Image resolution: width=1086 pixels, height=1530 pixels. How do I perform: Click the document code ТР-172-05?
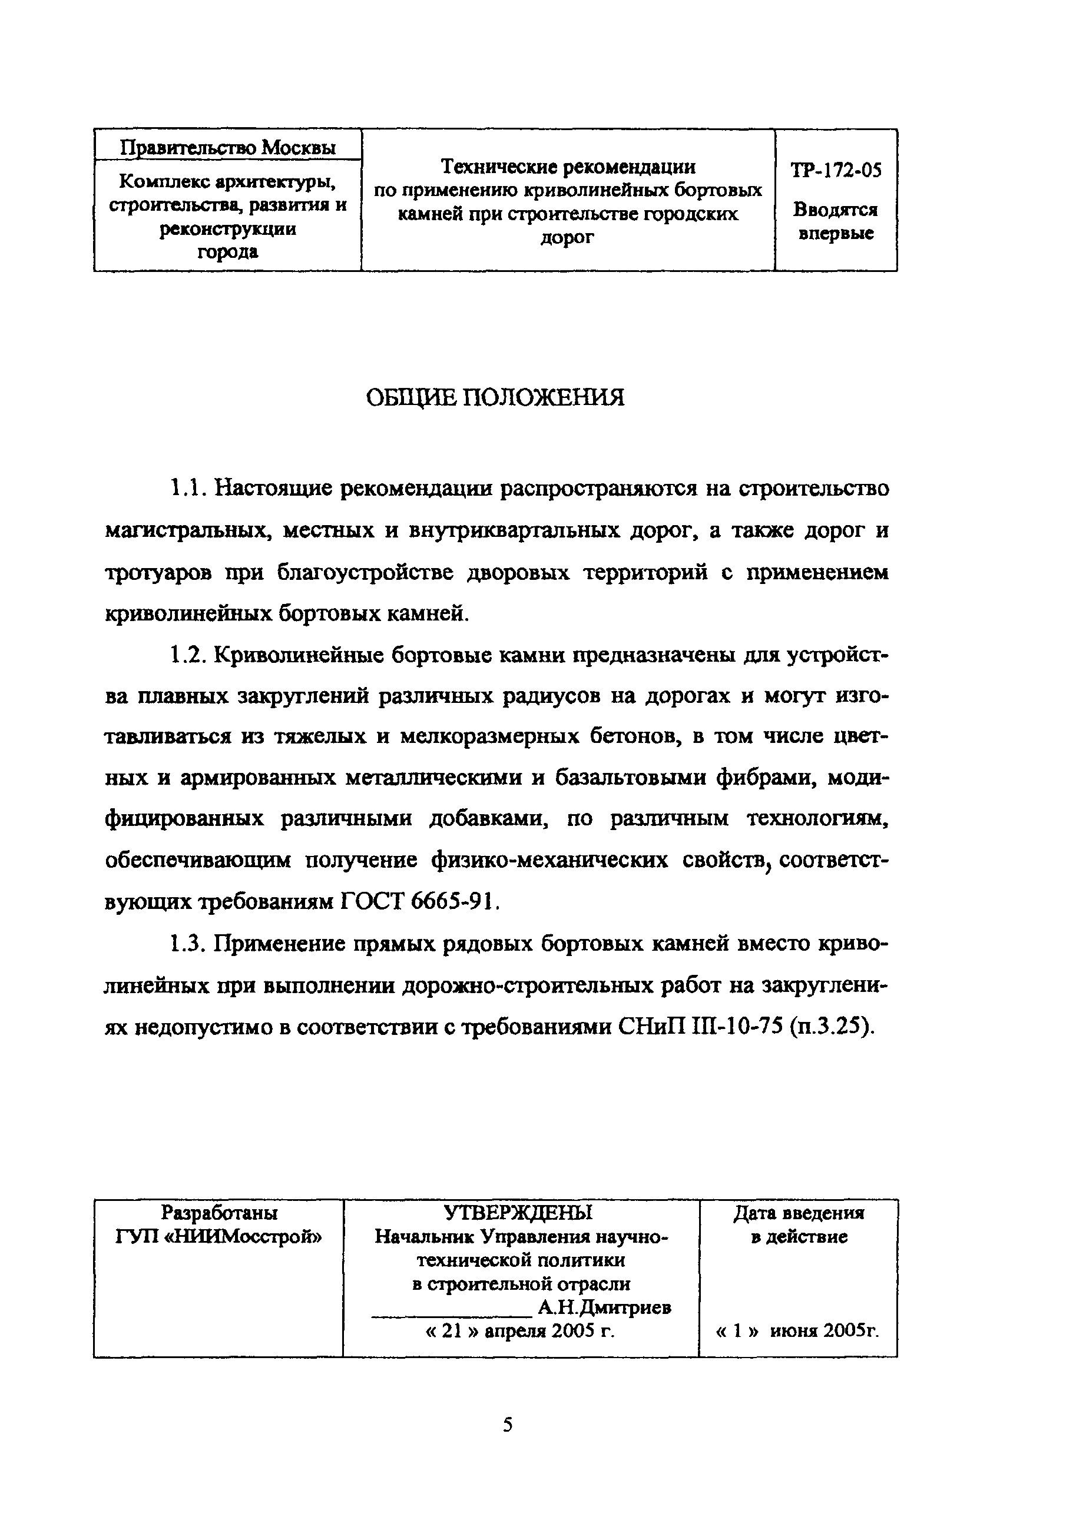836,171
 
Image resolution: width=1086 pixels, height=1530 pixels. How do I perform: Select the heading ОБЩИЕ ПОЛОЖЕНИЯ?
495,398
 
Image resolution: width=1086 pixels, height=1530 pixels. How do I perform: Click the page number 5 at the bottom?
508,1425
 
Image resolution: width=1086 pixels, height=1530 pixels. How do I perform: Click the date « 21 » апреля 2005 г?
520,1331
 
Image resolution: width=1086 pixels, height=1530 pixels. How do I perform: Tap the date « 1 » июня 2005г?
797,1331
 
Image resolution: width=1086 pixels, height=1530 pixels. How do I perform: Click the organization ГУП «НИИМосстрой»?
218,1237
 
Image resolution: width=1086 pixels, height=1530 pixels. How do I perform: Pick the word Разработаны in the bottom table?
219,1213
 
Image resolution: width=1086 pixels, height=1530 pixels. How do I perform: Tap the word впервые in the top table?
836,234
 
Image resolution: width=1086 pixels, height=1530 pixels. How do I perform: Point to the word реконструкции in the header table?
227,229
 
